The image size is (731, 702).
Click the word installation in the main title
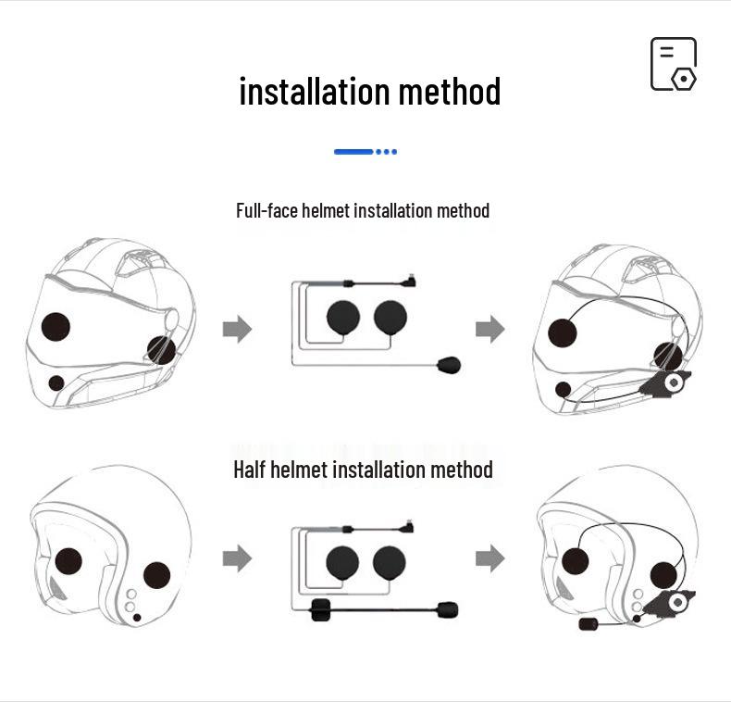(x=315, y=92)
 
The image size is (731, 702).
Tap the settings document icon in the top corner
(x=673, y=64)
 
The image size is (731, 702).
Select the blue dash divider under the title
(x=365, y=152)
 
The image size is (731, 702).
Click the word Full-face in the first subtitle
(x=266, y=211)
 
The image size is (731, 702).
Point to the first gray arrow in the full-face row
(x=238, y=329)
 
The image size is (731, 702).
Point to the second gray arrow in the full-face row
(x=489, y=329)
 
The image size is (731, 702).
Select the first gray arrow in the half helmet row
(x=238, y=558)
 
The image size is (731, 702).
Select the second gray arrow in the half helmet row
(x=489, y=558)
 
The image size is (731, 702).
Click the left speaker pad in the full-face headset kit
(x=343, y=318)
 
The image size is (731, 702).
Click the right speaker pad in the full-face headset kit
(x=390, y=318)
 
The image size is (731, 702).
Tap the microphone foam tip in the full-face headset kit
(x=449, y=364)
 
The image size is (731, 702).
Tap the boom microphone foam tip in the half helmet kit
(x=447, y=609)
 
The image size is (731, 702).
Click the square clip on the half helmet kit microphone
(x=321, y=609)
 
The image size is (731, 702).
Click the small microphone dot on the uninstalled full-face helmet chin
(x=56, y=382)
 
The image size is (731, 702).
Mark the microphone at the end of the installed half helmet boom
(x=588, y=624)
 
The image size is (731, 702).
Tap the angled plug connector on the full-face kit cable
(x=410, y=280)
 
